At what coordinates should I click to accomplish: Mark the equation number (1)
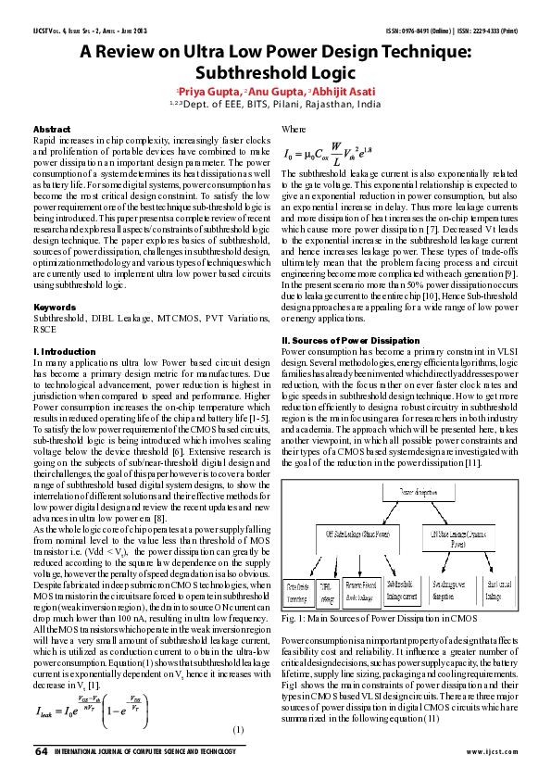click(x=238, y=730)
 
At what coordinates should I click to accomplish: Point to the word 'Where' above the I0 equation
click(x=294, y=130)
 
